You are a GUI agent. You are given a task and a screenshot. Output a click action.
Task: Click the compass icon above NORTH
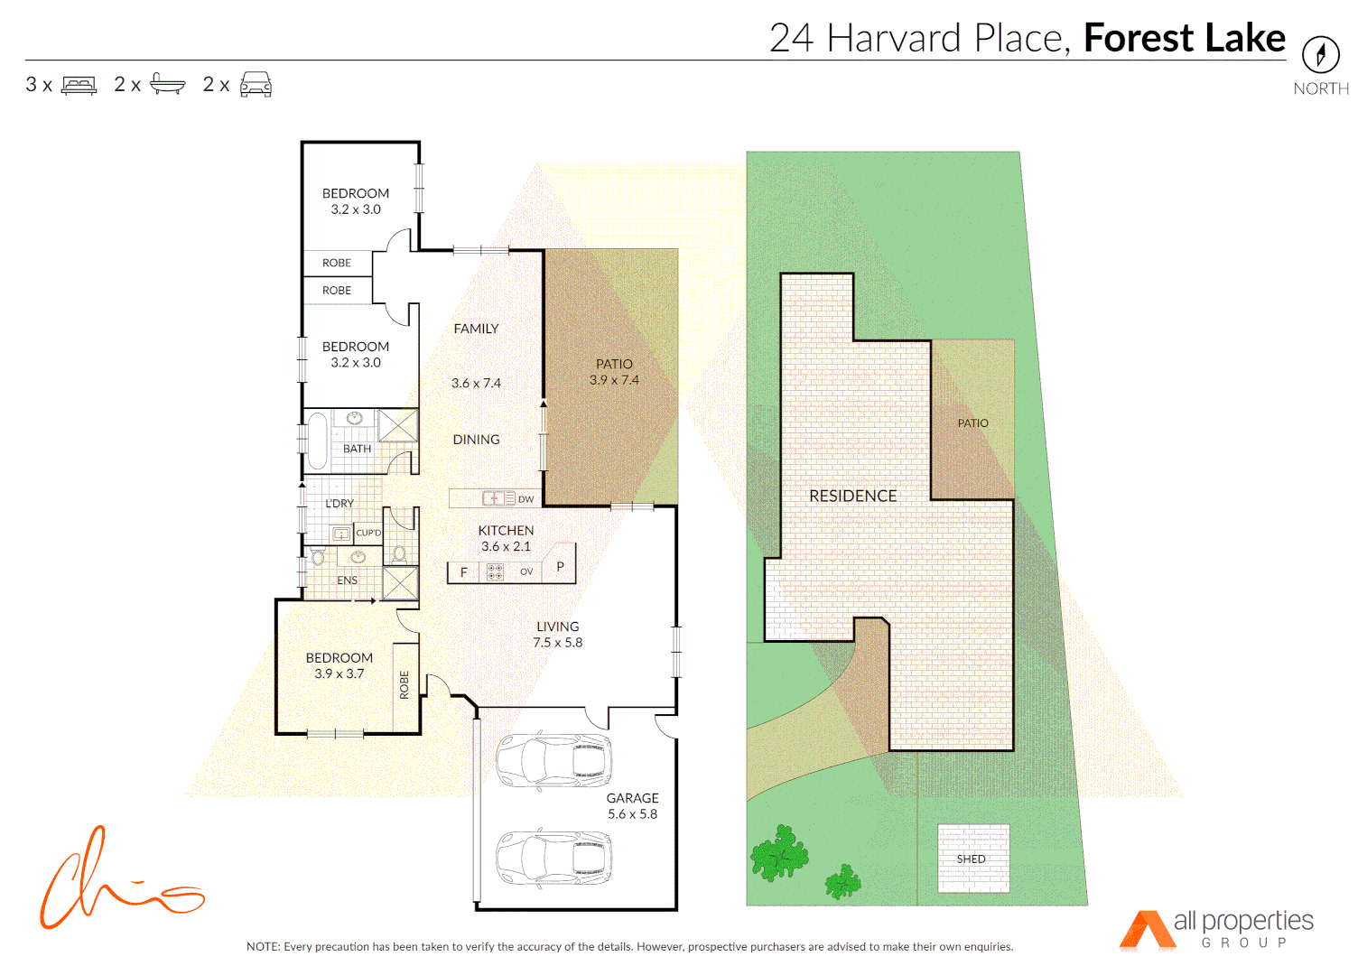click(x=1320, y=55)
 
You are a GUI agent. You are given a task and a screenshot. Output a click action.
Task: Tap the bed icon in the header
click(x=79, y=85)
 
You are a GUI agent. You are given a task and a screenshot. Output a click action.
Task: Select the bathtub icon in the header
click(x=167, y=84)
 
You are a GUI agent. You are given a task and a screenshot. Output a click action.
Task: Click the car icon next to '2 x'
click(x=256, y=84)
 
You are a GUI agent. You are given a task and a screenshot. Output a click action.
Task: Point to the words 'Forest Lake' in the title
click(x=1184, y=38)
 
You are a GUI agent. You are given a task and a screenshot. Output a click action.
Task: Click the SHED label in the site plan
click(x=972, y=859)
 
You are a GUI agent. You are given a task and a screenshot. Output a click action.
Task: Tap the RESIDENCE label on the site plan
click(x=852, y=496)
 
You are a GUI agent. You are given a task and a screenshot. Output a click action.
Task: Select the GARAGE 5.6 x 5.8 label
click(x=632, y=805)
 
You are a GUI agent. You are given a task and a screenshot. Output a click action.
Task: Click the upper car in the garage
click(x=553, y=760)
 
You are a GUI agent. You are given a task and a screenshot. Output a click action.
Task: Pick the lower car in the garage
click(x=553, y=857)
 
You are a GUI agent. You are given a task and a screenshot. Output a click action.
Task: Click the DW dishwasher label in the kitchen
click(x=525, y=498)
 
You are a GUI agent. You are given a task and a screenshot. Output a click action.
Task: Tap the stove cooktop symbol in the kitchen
click(x=495, y=571)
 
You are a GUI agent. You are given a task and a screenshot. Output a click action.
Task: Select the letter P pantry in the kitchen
click(x=560, y=567)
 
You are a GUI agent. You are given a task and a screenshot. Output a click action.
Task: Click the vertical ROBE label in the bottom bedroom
click(x=405, y=684)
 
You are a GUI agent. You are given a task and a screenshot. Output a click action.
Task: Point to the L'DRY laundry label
click(x=339, y=503)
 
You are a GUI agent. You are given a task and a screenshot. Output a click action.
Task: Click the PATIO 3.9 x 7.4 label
click(x=614, y=372)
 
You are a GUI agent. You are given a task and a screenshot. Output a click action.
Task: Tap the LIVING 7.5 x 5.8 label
click(x=557, y=634)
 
